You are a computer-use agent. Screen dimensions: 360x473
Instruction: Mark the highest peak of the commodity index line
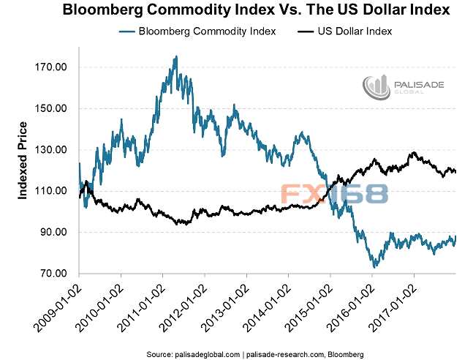click(175, 56)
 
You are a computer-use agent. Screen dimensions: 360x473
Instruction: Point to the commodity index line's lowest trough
click(374, 267)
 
